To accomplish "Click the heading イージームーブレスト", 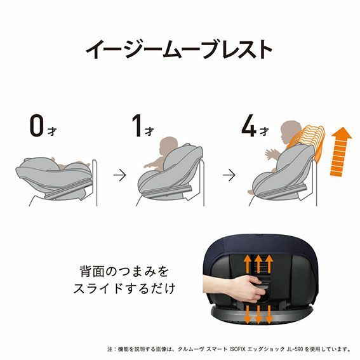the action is (x=179, y=50).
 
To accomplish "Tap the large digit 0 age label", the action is (x=37, y=126).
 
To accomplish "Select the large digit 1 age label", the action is (x=137, y=126).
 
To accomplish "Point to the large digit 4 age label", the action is (x=249, y=126).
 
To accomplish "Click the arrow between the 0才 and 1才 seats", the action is (x=120, y=175).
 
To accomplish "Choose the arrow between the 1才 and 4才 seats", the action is (x=229, y=175).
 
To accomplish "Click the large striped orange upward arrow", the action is (x=342, y=152).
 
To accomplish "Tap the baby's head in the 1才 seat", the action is (x=168, y=145).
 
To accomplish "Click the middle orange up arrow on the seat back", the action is (x=258, y=263).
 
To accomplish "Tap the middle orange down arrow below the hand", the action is (x=258, y=314).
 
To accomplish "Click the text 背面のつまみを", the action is (x=124, y=271).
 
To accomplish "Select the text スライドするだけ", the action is (x=124, y=288).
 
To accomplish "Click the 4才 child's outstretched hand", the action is (x=269, y=154).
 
